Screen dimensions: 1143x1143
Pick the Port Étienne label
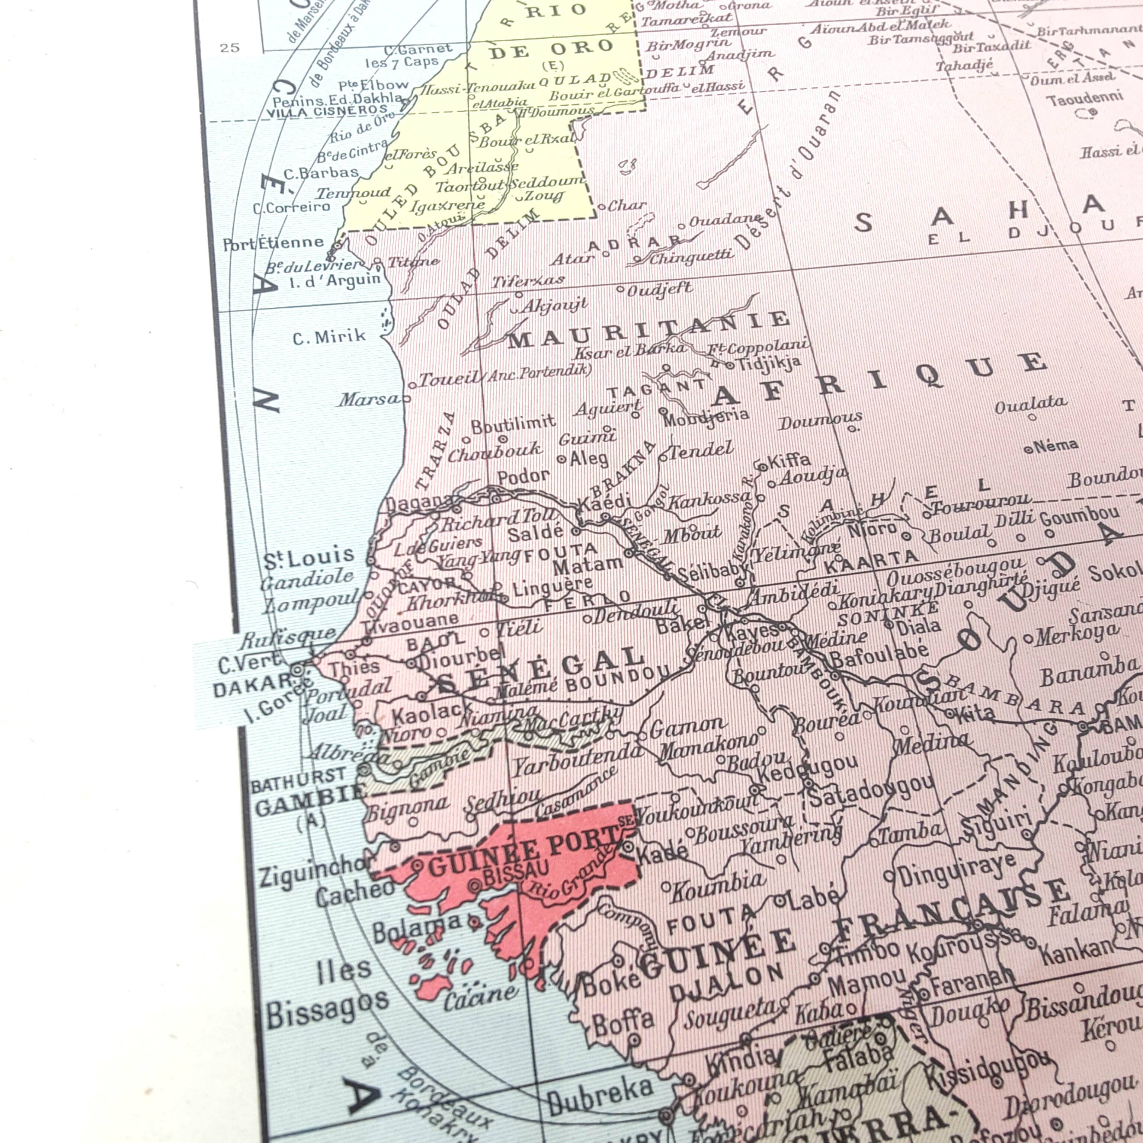click(273, 243)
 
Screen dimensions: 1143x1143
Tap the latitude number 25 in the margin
click(230, 48)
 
